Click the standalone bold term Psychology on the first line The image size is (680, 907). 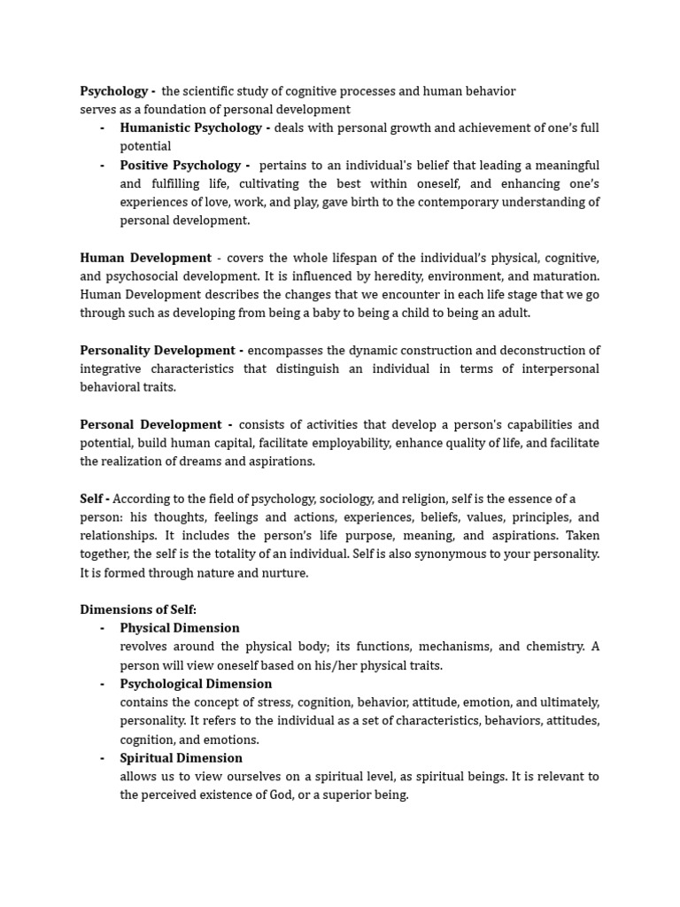(113, 91)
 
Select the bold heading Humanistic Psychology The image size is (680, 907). (190, 128)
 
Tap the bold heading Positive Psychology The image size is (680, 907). (181, 165)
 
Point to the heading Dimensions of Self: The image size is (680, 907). (138, 609)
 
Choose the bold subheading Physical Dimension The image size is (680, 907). (180, 628)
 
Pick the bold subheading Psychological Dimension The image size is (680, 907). (196, 684)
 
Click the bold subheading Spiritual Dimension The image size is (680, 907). (181, 757)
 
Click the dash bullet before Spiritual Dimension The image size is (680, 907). (102, 757)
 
